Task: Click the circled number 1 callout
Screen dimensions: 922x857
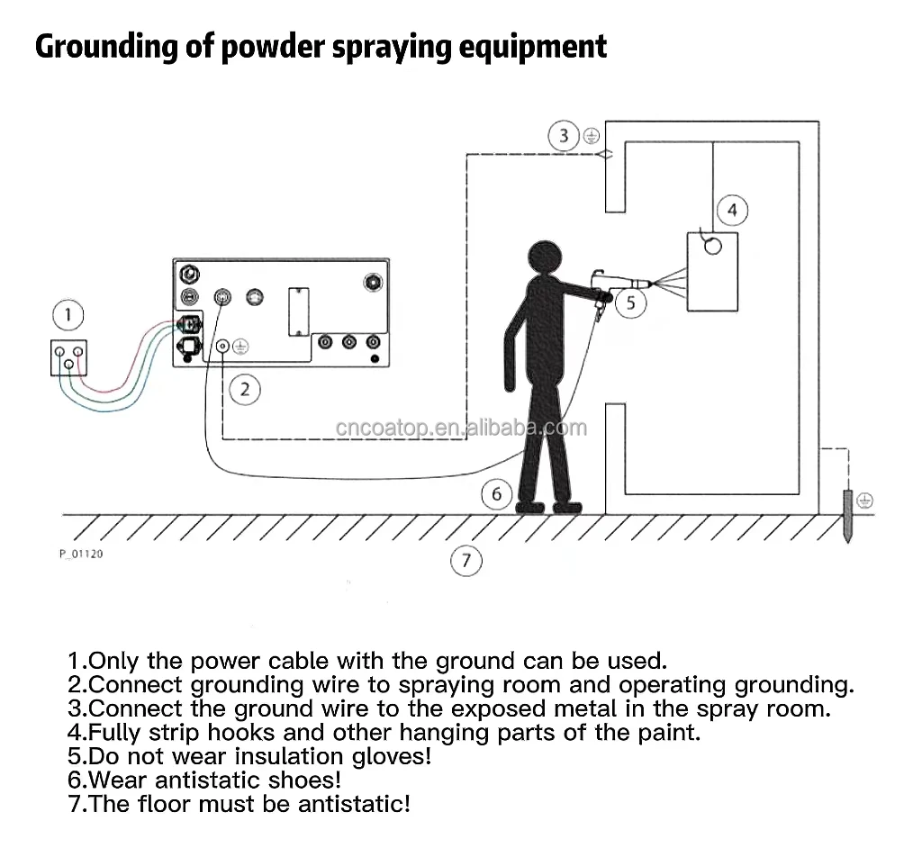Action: pyautogui.click(x=68, y=316)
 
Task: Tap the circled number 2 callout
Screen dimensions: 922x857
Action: pyautogui.click(x=244, y=390)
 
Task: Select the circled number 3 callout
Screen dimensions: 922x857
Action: pyautogui.click(x=564, y=136)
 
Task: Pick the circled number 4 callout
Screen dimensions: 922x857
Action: pyautogui.click(x=732, y=211)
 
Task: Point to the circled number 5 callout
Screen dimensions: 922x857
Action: pyautogui.click(x=630, y=302)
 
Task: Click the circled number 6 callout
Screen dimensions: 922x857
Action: pyautogui.click(x=496, y=494)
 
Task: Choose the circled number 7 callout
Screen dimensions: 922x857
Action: pyautogui.click(x=466, y=562)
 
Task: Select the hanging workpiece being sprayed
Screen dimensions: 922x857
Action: pyautogui.click(x=712, y=271)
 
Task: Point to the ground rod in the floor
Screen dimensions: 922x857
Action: pyautogui.click(x=847, y=517)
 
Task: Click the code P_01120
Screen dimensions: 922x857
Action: pyautogui.click(x=81, y=554)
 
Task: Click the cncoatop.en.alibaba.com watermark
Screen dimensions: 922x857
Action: pyautogui.click(x=461, y=428)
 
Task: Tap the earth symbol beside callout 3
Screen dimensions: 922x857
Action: pyautogui.click(x=591, y=137)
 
